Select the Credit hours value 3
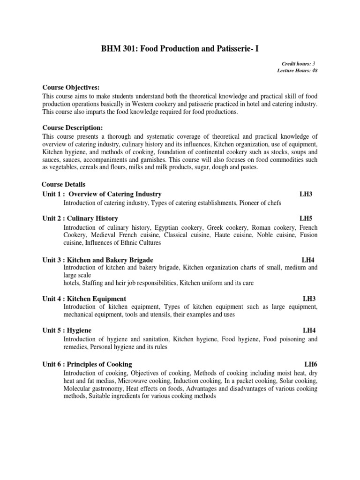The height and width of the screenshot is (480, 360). [x=314, y=63]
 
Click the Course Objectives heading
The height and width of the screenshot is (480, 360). [x=71, y=88]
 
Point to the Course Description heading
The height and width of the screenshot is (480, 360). [x=73, y=127]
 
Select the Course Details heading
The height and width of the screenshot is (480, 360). [x=64, y=184]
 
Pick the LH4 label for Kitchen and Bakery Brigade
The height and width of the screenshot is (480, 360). [x=308, y=260]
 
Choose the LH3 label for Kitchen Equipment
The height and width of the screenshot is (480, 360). [x=309, y=299]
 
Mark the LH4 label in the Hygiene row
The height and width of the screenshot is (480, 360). [x=309, y=330]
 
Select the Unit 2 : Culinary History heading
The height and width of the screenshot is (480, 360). [x=80, y=218]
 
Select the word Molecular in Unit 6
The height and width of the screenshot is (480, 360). [x=78, y=389]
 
